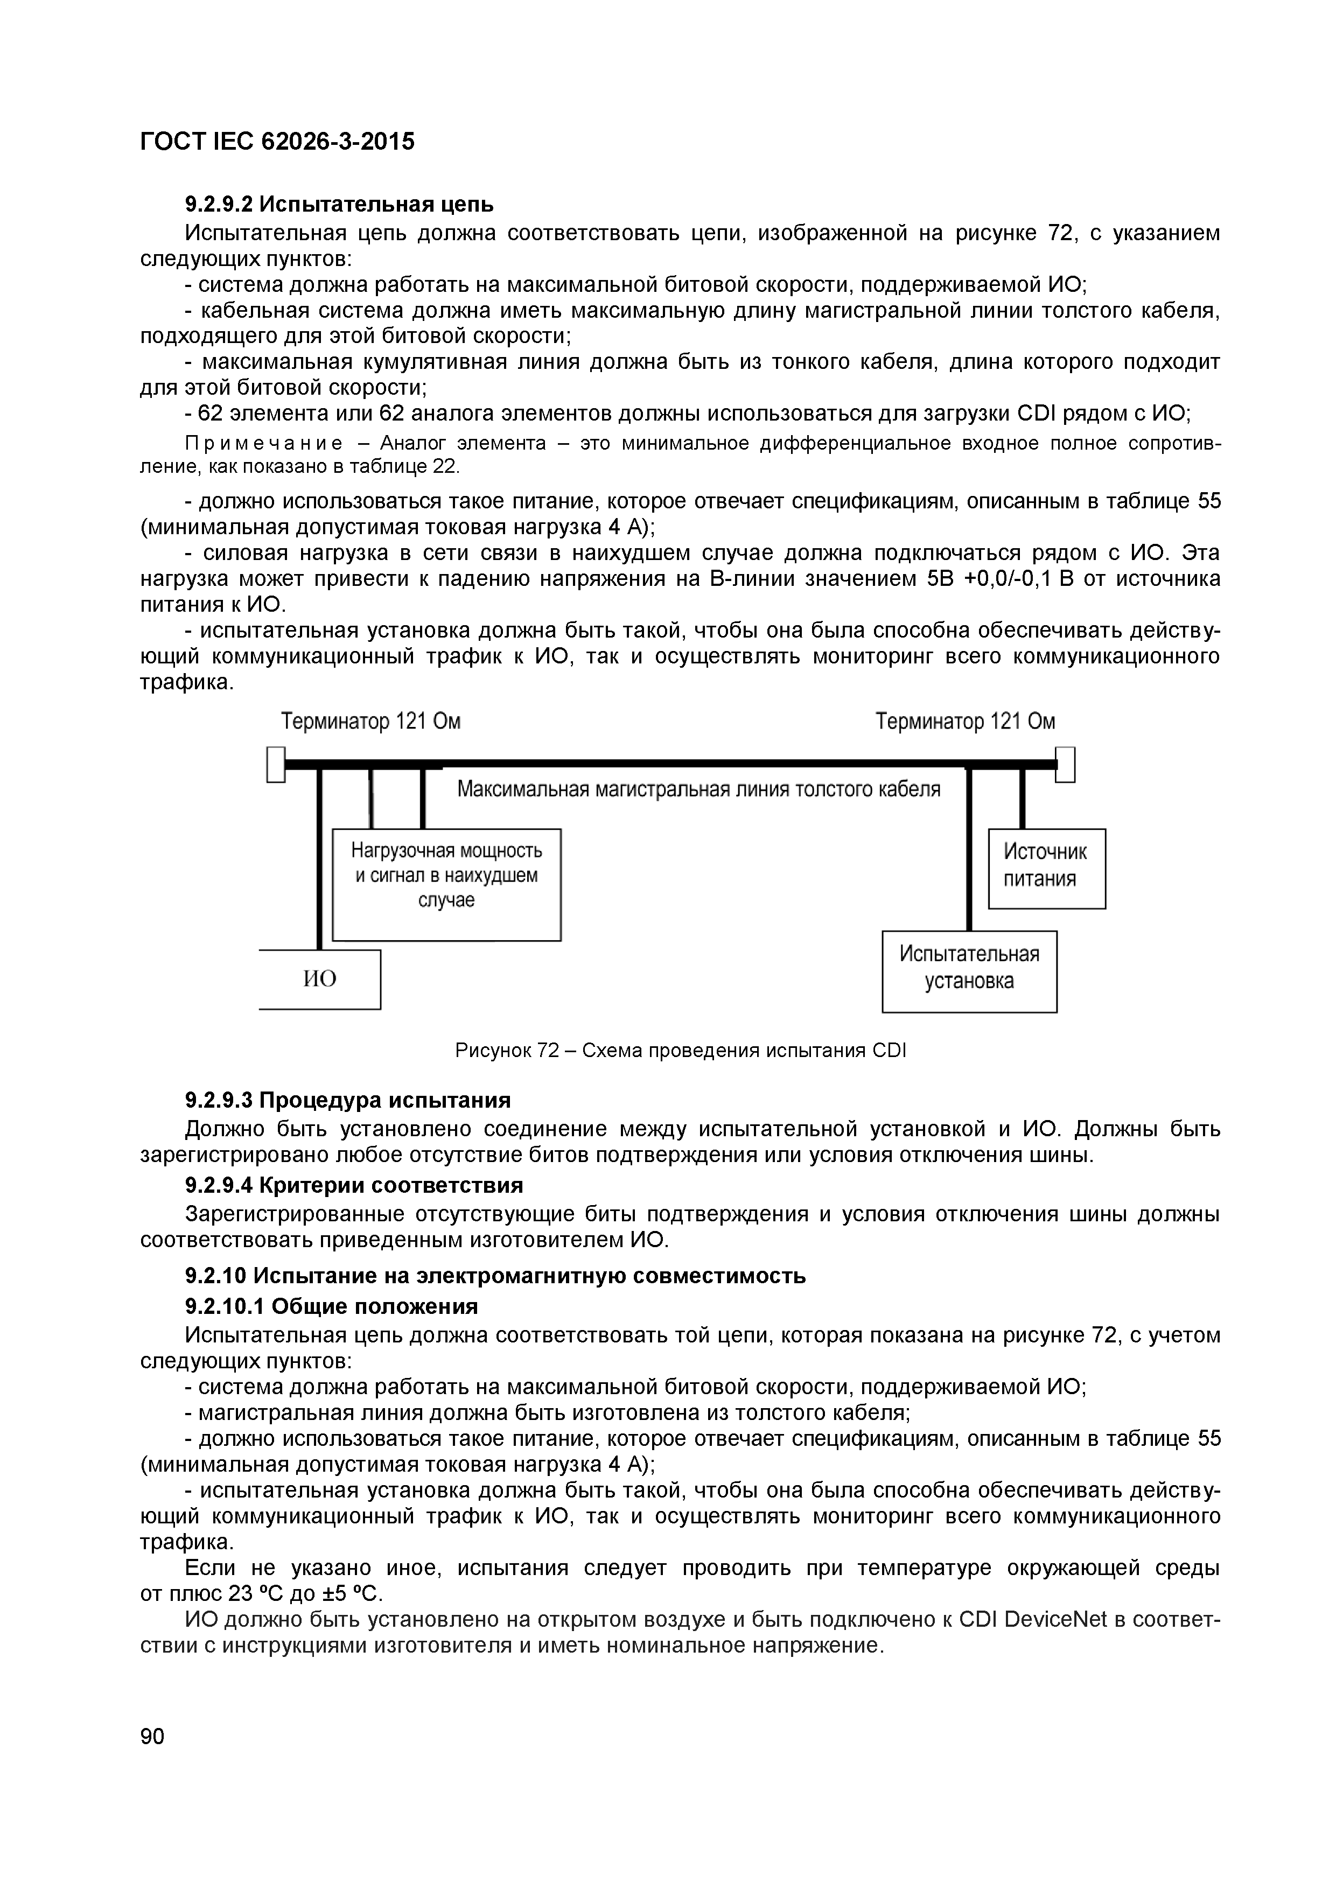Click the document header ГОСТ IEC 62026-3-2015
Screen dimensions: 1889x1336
point(277,142)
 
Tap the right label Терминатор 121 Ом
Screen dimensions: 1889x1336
point(965,722)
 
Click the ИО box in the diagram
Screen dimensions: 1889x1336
point(321,979)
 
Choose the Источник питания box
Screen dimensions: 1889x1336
point(1046,868)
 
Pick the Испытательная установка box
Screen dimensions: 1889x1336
point(969,971)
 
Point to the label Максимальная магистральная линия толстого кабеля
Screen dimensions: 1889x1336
point(698,790)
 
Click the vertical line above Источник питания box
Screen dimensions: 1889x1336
point(1023,798)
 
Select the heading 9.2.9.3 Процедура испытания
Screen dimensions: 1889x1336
point(347,1100)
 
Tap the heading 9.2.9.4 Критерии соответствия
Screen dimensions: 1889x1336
point(354,1186)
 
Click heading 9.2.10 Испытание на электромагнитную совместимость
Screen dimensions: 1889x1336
point(495,1276)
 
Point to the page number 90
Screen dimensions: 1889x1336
point(152,1737)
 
